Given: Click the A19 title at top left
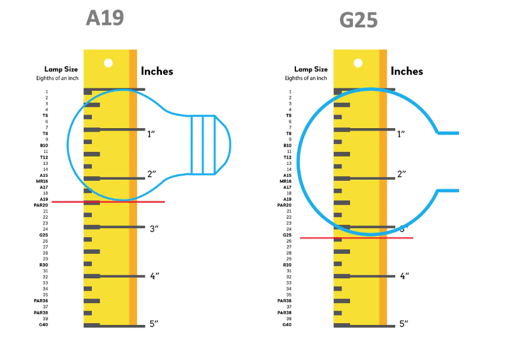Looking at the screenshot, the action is tap(105, 18).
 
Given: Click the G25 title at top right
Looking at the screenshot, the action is tap(358, 20).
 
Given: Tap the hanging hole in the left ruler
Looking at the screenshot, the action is tap(109, 63).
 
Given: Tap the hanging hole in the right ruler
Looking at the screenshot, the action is tap(358, 63).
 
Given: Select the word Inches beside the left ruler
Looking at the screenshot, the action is tap(157, 71).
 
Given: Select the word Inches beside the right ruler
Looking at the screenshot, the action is tap(407, 71).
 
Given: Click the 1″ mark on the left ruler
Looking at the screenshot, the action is tap(151, 134).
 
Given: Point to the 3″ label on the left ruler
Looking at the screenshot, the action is tap(154, 229).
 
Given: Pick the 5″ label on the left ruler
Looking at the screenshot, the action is tap(154, 324).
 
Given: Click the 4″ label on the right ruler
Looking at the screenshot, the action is tap(404, 276).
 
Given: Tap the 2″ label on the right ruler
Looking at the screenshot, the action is tap(402, 174).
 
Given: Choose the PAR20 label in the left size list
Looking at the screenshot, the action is tap(41, 205).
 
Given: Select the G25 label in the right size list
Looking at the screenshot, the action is tap(287, 235).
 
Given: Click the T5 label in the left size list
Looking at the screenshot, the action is tap(45, 116).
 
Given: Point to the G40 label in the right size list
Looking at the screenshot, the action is tap(287, 324).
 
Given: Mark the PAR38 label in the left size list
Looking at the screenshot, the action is tap(41, 313).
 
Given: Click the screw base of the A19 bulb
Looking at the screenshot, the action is tap(203, 145).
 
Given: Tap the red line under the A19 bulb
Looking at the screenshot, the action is tap(109, 202).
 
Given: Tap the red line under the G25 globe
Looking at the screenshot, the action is tap(356, 238).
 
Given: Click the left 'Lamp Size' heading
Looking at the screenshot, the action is tap(61, 69).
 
